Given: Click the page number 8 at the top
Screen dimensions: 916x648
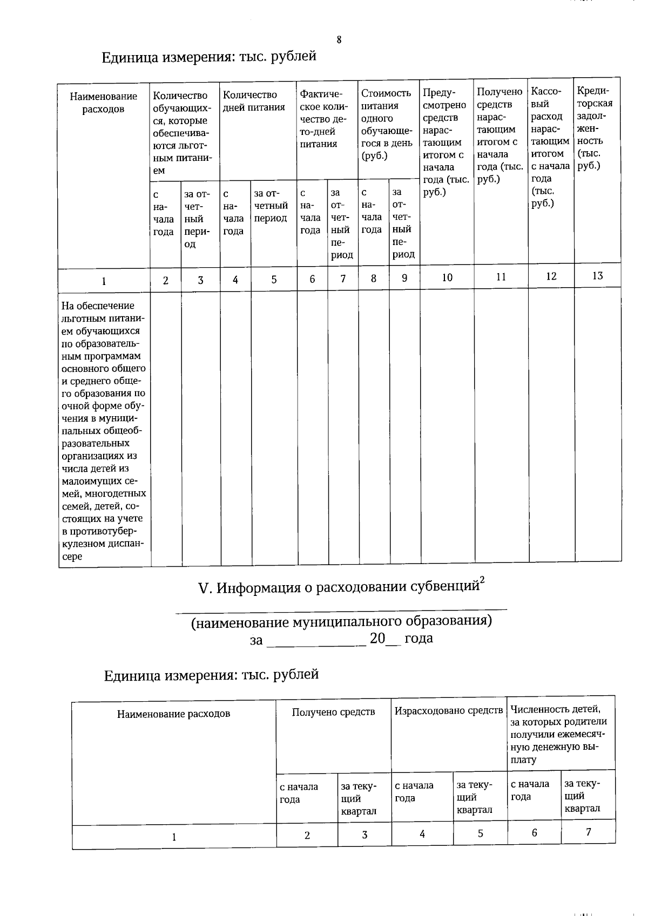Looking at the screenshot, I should click(339, 40).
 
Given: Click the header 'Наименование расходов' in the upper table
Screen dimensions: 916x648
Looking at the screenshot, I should click(104, 103).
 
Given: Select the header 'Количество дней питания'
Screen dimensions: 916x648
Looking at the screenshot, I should click(254, 101).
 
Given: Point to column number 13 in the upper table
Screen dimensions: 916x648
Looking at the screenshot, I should click(597, 276).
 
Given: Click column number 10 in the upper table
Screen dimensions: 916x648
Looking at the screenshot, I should click(447, 277).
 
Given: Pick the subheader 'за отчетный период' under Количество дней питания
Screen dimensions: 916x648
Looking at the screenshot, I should click(271, 206).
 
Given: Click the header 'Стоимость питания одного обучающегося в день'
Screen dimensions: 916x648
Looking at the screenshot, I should click(386, 124).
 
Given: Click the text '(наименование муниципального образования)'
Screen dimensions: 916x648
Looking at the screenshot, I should click(341, 621).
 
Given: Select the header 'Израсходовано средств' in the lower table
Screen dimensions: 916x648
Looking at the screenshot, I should click(449, 711).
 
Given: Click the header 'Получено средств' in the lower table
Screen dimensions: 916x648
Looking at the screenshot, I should click(333, 712).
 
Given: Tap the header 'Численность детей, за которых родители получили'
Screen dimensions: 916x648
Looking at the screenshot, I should click(559, 734).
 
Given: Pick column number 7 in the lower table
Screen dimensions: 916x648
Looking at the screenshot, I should click(588, 832).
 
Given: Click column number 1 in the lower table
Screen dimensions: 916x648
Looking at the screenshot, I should click(174, 837).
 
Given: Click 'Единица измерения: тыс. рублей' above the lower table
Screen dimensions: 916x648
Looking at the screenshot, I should click(211, 674).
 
